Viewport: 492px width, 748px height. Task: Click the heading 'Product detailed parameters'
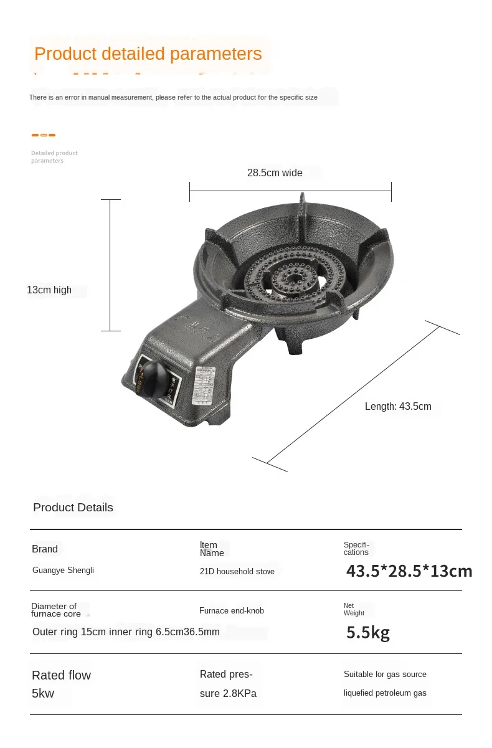148,54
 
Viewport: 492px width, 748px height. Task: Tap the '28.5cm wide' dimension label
275,173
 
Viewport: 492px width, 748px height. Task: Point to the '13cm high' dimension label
49,290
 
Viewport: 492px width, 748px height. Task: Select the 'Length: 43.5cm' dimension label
398,407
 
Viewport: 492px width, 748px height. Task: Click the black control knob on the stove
155,375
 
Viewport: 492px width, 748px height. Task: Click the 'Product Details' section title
73,508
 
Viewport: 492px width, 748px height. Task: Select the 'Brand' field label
45,549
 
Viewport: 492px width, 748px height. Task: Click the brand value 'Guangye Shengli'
63,570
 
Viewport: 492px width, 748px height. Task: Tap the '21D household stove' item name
237,572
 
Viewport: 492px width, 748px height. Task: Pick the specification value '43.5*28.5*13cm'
409,571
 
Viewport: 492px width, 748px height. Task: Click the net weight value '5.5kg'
368,633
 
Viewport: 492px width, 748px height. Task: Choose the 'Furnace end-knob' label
232,611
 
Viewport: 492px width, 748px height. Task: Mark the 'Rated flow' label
61,676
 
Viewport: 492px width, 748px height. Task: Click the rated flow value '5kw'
43,694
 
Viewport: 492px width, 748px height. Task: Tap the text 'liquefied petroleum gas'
385,693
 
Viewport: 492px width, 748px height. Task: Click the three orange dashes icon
44,135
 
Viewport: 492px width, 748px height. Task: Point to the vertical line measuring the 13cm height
110,265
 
